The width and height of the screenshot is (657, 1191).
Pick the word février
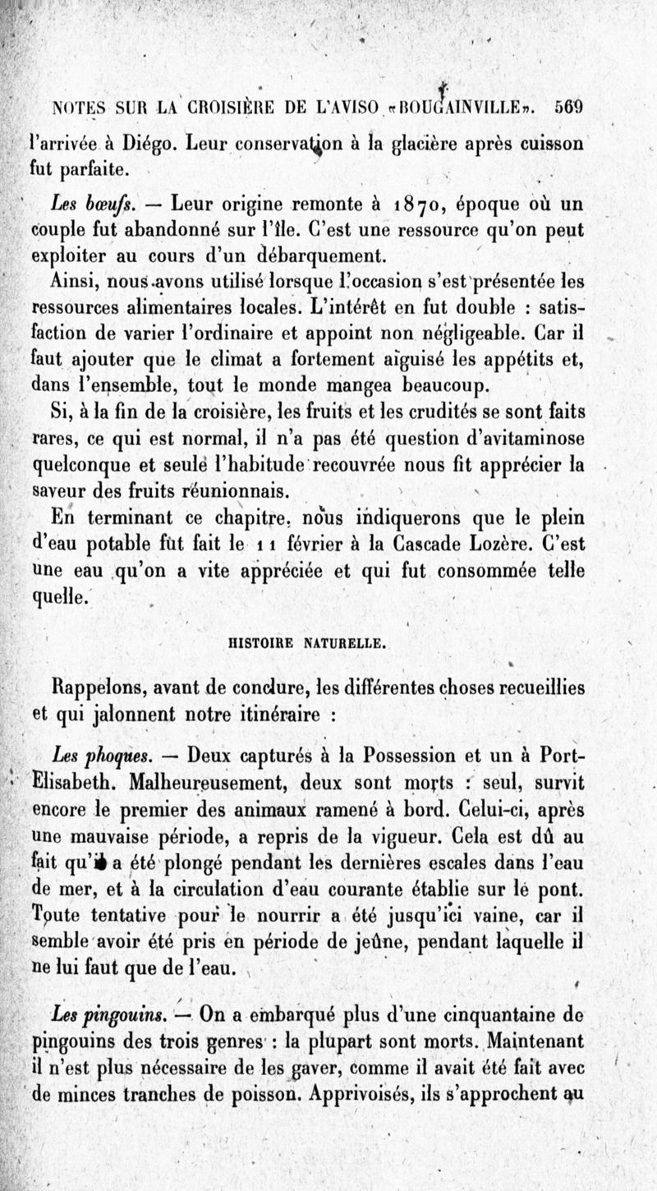[315, 544]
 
